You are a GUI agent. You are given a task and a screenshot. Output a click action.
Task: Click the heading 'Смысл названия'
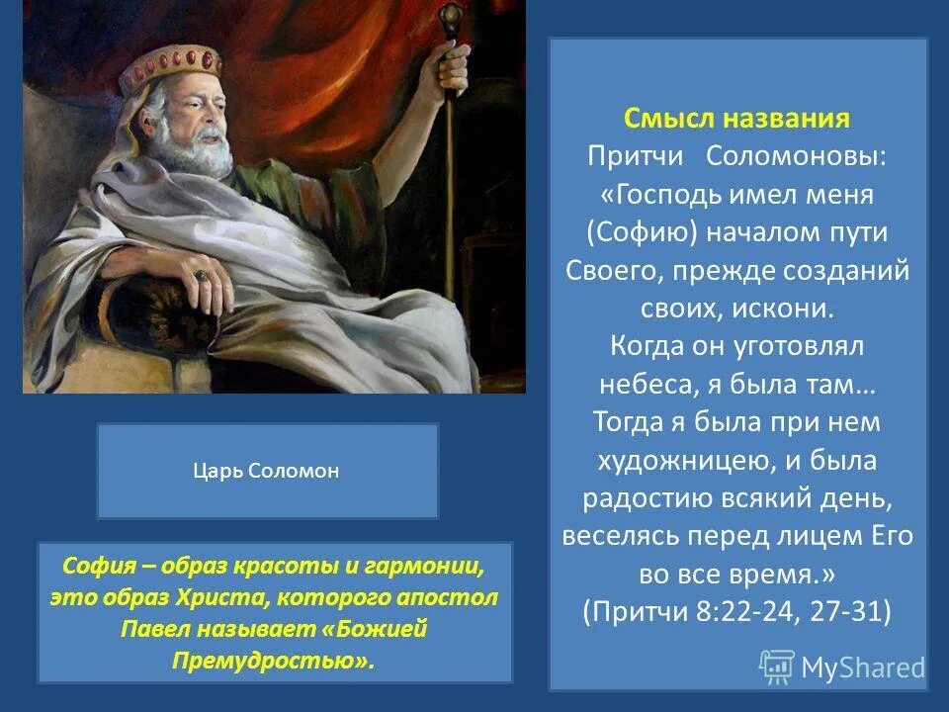[736, 118]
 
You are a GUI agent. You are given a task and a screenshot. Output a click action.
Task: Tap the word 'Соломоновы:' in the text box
[795, 156]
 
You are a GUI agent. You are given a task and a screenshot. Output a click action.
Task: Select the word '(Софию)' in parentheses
[643, 232]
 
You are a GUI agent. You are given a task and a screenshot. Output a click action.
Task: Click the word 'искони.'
[783, 309]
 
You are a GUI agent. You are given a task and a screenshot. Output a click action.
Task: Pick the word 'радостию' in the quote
[647, 498]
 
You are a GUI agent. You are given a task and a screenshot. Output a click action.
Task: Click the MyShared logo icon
[776, 667]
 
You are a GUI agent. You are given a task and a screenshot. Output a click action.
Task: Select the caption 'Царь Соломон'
[266, 471]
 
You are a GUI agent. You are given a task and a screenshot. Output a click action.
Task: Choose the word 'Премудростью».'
[273, 660]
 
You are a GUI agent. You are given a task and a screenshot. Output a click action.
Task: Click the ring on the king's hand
[201, 276]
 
